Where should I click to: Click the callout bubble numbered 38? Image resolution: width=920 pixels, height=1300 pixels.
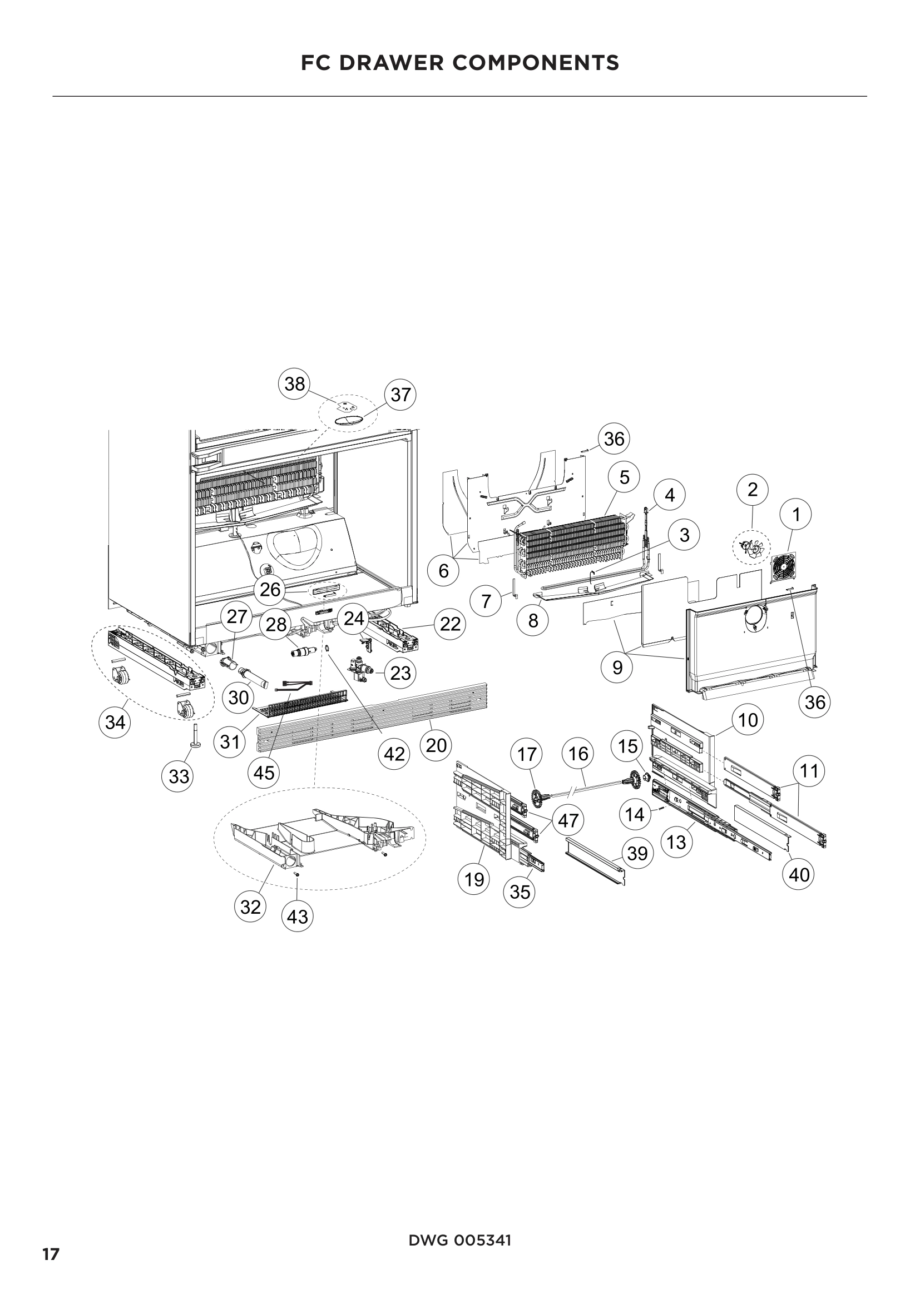point(295,384)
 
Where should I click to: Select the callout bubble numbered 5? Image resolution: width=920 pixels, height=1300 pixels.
point(624,477)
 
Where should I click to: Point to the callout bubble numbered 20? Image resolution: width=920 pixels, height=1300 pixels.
point(436,745)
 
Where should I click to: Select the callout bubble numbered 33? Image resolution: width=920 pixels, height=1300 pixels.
point(179,776)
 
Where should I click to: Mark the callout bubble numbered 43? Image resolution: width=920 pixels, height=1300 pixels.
point(298,916)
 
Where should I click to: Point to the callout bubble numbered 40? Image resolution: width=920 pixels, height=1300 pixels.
point(799,875)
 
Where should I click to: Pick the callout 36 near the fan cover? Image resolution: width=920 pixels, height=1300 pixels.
point(815,702)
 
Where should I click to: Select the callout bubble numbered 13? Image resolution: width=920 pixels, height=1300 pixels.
point(676,843)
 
